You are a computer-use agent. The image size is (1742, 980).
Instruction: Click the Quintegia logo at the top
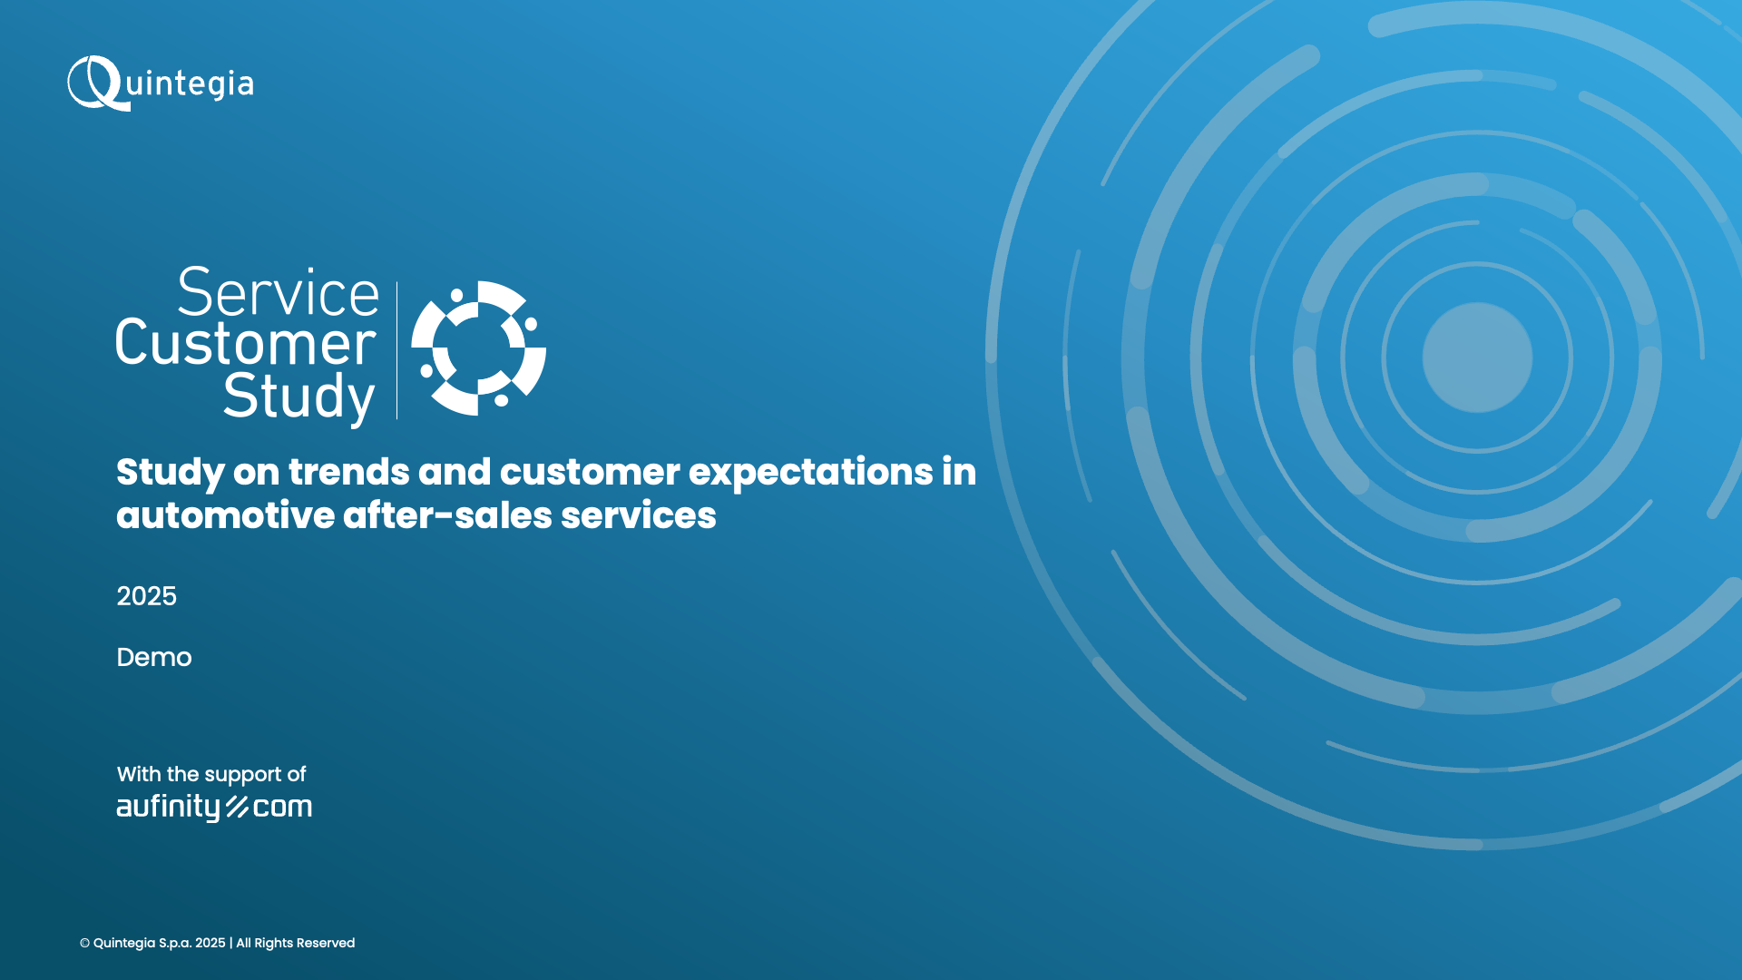[x=161, y=83]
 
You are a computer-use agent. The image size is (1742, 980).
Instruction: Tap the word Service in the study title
[x=278, y=293]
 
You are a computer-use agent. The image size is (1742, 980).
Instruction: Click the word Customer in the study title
[x=245, y=343]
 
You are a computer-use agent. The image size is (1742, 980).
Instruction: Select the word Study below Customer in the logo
[x=298, y=397]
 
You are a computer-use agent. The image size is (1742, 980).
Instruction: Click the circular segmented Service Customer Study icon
[x=478, y=348]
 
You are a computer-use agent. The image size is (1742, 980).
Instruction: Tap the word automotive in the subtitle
[x=226, y=515]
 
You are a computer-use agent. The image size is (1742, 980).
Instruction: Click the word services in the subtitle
[x=639, y=515]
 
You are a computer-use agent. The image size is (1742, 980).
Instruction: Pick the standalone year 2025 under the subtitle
[x=146, y=596]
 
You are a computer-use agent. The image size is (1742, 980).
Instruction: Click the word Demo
[x=154, y=657]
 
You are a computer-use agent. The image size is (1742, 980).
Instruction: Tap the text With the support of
[x=211, y=774]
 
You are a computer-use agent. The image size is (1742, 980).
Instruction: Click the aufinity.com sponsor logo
[x=214, y=807]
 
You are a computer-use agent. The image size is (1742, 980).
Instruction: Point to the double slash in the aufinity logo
[x=238, y=807]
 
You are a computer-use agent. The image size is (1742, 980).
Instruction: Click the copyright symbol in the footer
[x=84, y=944]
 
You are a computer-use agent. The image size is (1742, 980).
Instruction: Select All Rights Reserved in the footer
[x=296, y=943]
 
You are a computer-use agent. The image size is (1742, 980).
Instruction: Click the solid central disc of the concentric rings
[x=1477, y=358]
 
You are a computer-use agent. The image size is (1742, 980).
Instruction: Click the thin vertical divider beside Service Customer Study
[x=396, y=350]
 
